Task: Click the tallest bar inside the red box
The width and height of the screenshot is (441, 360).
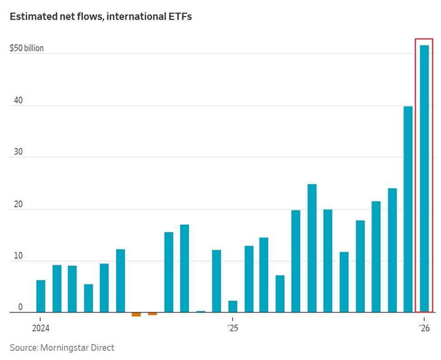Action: pyautogui.click(x=424, y=179)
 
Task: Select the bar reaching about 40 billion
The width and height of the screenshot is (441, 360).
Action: pyautogui.click(x=408, y=209)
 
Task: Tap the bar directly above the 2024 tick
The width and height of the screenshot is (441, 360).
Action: pyautogui.click(x=41, y=296)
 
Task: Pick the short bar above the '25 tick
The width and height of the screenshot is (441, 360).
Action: pyautogui.click(x=233, y=306)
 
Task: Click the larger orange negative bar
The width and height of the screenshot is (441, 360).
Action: pyautogui.click(x=136, y=314)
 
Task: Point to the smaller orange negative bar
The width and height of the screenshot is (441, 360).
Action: pyautogui.click(x=153, y=314)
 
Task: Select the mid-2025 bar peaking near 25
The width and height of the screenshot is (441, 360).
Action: pyautogui.click(x=312, y=248)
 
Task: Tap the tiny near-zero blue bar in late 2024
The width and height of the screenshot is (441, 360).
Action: pyautogui.click(x=201, y=312)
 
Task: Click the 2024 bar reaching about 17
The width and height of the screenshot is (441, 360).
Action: pyautogui.click(x=184, y=268)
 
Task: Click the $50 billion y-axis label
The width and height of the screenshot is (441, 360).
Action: pyautogui.click(x=27, y=48)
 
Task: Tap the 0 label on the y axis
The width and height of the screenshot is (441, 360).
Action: pyautogui.click(x=20, y=307)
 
